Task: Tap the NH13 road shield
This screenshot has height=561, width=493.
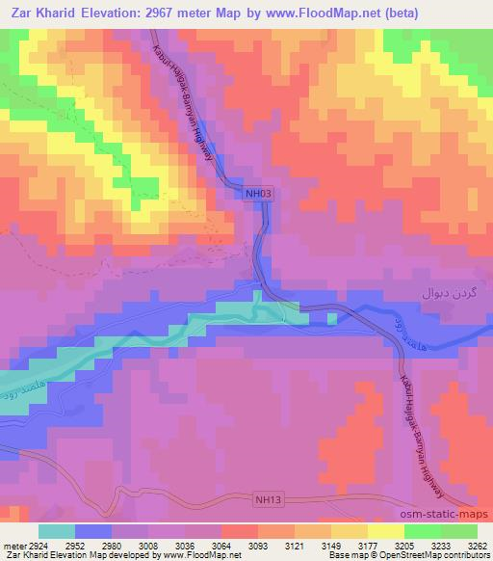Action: click(x=270, y=498)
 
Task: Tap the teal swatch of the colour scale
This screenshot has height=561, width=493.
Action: click(x=57, y=530)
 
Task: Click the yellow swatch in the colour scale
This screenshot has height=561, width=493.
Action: click(x=384, y=530)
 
